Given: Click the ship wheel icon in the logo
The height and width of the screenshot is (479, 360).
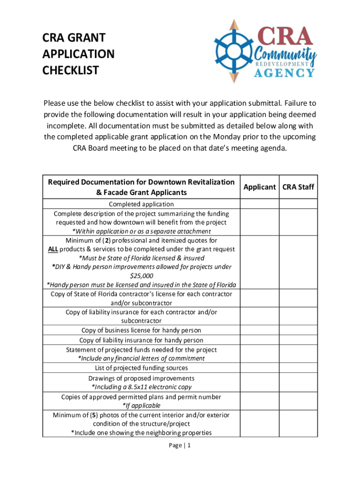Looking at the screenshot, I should pos(234,51).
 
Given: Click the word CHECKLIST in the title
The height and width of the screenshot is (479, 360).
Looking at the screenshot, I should pos(71,71).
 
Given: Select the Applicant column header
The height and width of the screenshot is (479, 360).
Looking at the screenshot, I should pos(259,187).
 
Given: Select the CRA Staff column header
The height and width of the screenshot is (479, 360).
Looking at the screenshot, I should pos(298,187).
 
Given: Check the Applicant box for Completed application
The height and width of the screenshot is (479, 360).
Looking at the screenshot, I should pos(259,204).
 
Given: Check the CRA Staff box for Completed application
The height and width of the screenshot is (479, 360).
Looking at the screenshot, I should pos(298,204).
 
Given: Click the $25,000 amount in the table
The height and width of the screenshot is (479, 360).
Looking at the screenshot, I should pos(141,276).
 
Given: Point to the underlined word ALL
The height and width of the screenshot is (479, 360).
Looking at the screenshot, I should pos(53,249).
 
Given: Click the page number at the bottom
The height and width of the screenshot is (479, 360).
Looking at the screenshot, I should pos(180,445).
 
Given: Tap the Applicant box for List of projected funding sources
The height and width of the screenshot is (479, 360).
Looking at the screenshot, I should pos(259,368).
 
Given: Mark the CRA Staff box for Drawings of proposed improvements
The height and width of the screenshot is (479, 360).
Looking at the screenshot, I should pos(298,383).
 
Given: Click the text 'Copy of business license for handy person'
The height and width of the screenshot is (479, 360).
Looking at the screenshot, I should pos(141,331).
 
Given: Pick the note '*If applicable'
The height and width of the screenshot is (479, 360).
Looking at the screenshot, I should pos(141,406).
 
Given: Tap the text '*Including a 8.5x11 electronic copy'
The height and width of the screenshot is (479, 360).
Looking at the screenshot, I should pos(141,387).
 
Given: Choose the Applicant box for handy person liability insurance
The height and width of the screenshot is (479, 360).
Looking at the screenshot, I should pos(259,340).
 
